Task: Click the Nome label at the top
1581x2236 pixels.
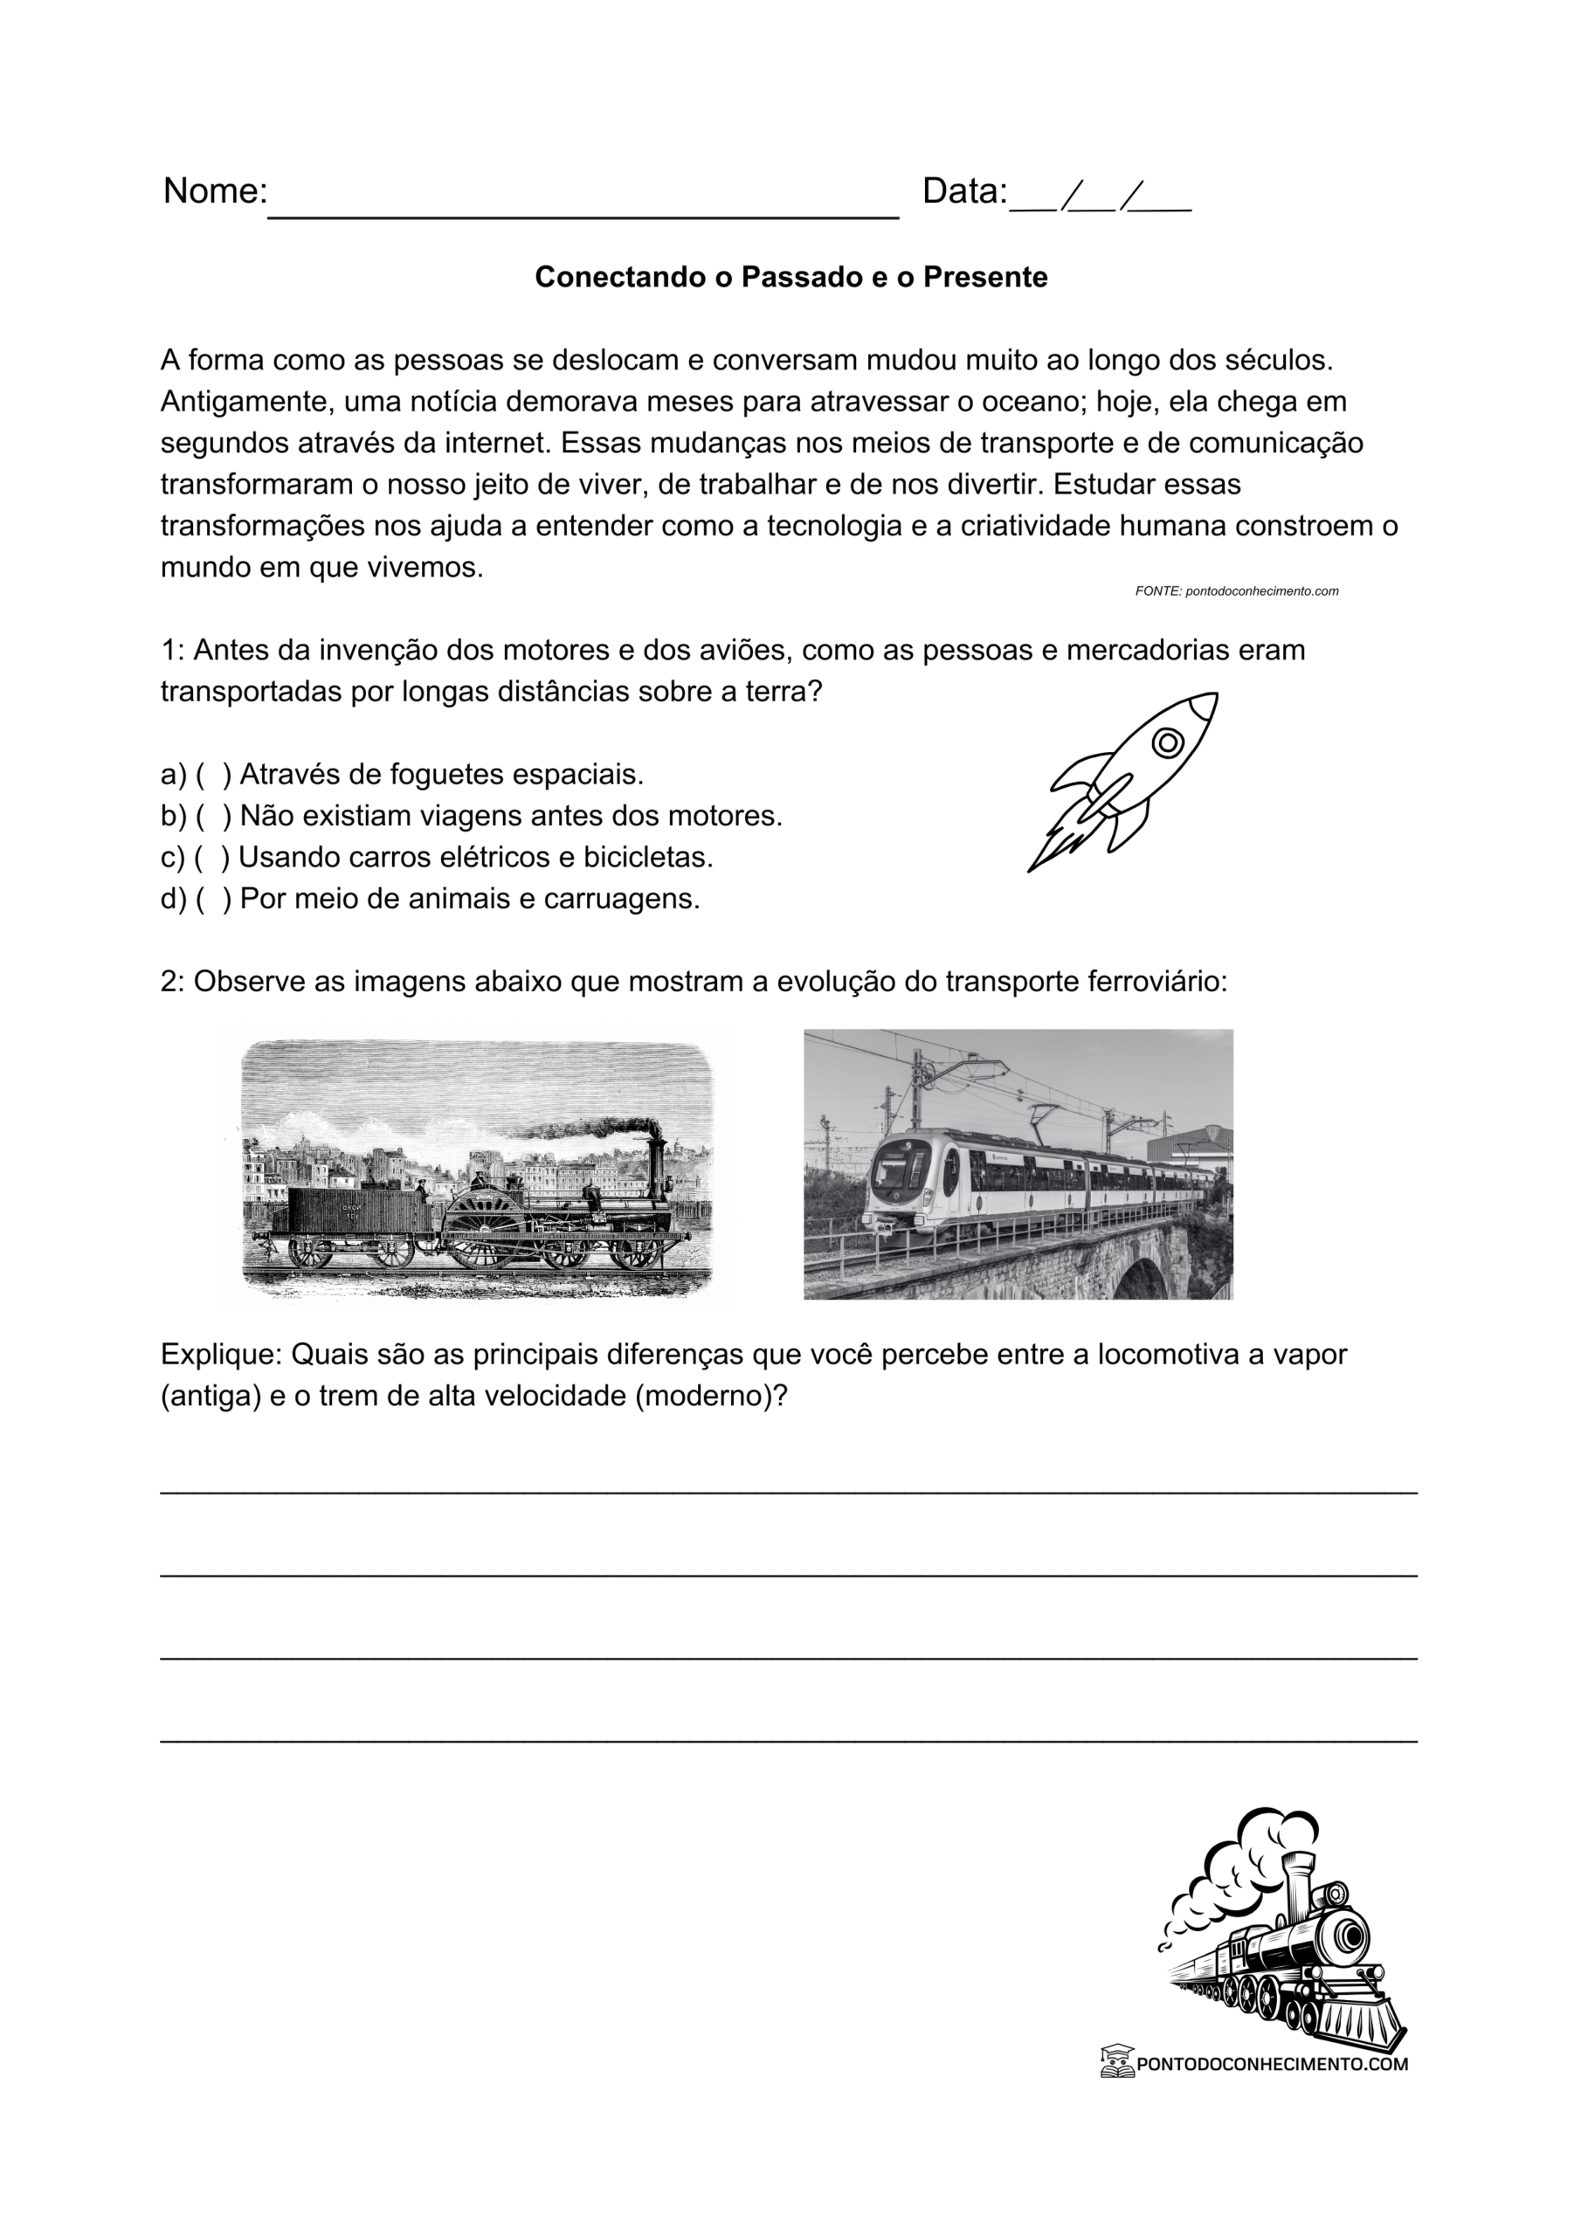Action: (x=214, y=191)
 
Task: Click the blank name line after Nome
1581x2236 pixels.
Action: (x=583, y=204)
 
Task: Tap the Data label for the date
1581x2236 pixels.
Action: (x=963, y=191)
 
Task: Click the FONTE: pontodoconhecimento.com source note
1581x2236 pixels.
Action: (x=1236, y=591)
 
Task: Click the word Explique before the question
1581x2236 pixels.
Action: (x=220, y=1355)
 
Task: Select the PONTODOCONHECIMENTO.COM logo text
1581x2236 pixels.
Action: (x=1271, y=2064)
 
